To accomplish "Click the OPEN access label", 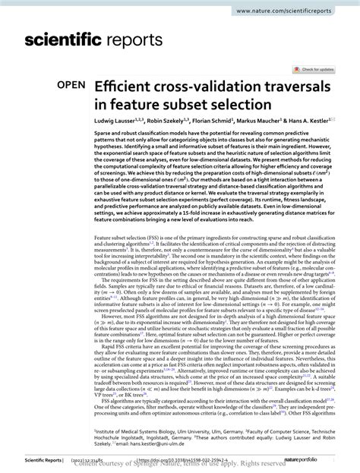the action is (x=70, y=88).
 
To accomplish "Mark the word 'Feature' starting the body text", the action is (x=103, y=259).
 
